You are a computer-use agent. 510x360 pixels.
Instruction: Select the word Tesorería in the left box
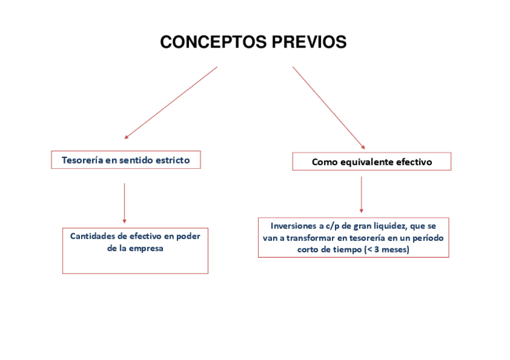pos(81,160)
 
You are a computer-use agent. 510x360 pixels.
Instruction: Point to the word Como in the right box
pos(325,162)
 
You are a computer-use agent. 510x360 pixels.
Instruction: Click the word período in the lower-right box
pos(427,237)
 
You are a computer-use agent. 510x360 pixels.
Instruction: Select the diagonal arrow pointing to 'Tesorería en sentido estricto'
pos(171,102)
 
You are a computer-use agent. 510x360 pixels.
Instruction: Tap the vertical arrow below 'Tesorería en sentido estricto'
pos(124,203)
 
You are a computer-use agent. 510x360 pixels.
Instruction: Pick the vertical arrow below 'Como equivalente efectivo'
pos(361,194)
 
